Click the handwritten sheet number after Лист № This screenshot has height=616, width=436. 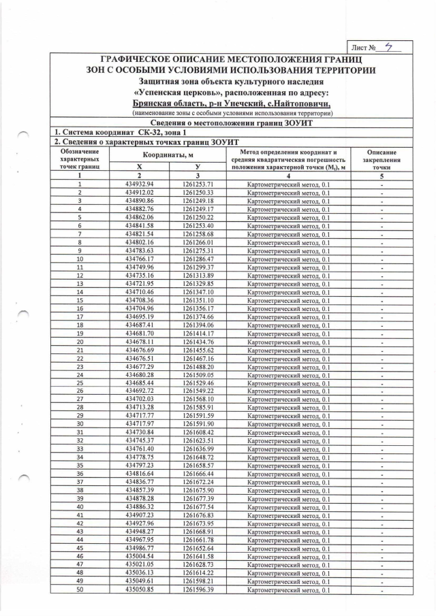tap(388, 47)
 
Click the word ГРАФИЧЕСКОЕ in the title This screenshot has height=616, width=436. tap(140, 60)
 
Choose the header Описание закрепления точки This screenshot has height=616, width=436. tap(382, 159)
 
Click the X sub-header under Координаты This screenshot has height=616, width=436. tap(140, 167)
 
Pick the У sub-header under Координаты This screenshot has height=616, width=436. tap(198, 167)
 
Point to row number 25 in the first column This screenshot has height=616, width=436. tap(80, 383)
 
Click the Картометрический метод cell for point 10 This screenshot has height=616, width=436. tap(288, 259)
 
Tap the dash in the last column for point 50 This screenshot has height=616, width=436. tap(382, 589)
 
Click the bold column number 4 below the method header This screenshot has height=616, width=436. tap(288, 176)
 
